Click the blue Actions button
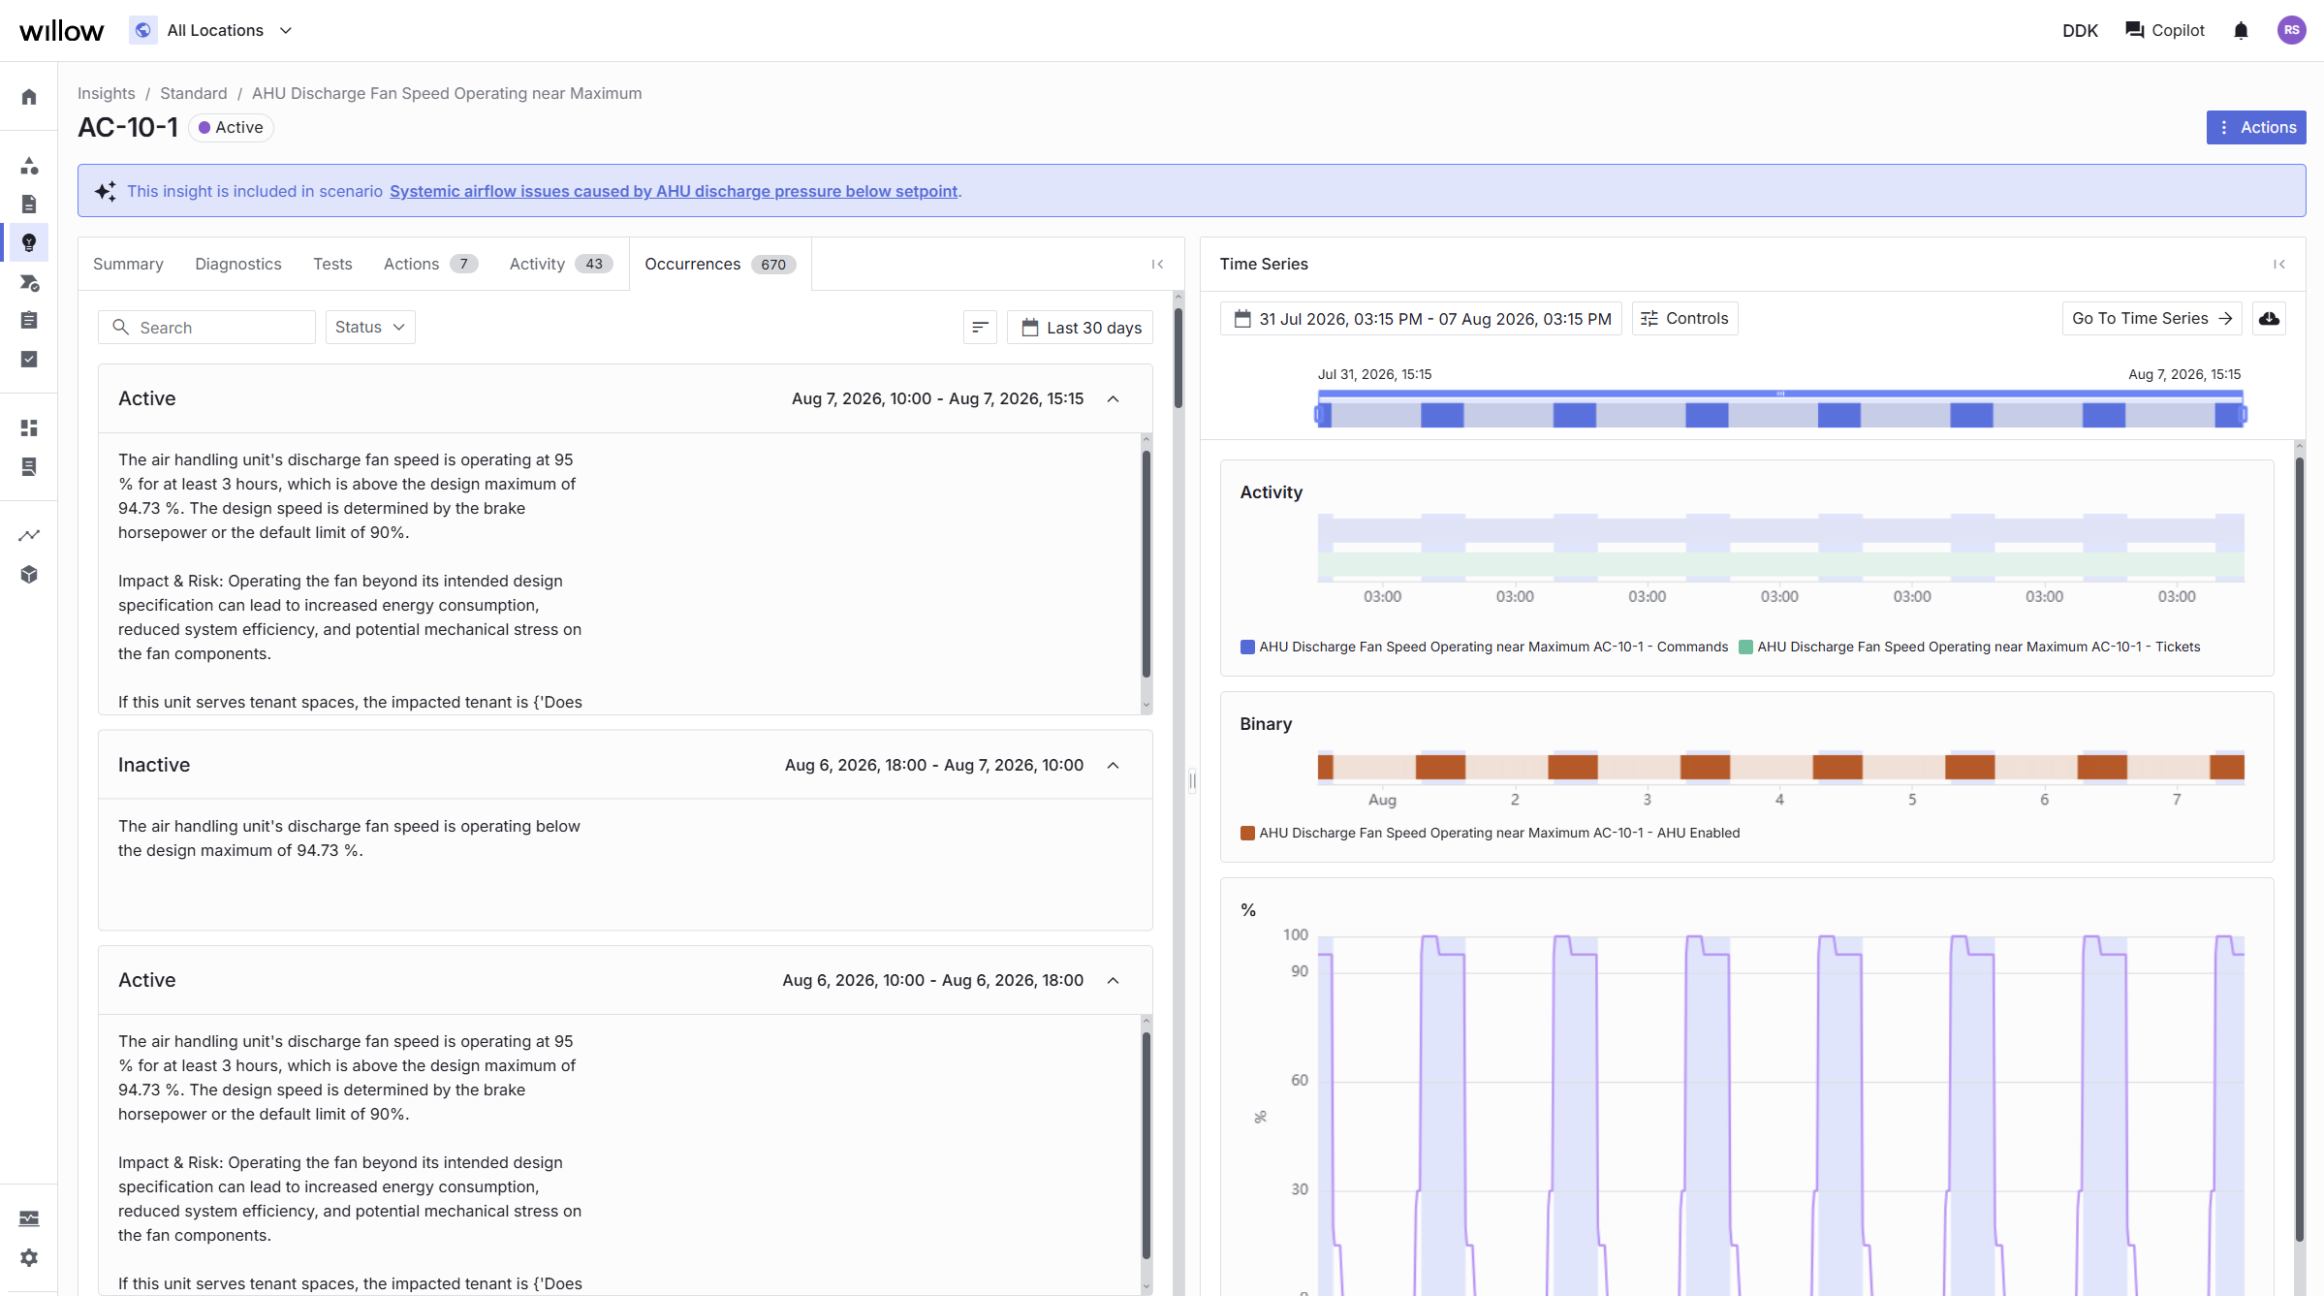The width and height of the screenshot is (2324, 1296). pyautogui.click(x=2255, y=127)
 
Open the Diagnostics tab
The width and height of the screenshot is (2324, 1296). pyautogui.click(x=237, y=264)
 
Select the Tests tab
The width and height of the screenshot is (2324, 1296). pyautogui.click(x=332, y=264)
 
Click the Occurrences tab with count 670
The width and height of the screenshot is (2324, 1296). pyautogui.click(x=720, y=264)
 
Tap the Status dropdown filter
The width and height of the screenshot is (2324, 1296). pyautogui.click(x=370, y=328)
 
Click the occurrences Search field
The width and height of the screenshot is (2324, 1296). pyautogui.click(x=206, y=328)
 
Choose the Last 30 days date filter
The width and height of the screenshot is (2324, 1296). pyautogui.click(x=1081, y=328)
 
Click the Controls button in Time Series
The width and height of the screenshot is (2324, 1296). pyautogui.click(x=1684, y=319)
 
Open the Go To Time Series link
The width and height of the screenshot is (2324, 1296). pyautogui.click(x=2151, y=319)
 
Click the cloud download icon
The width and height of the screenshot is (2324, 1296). pyautogui.click(x=2269, y=319)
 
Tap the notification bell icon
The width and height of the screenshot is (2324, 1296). pyautogui.click(x=2241, y=31)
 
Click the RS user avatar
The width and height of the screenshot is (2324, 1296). pyautogui.click(x=2291, y=30)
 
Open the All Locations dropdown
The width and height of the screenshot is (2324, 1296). pyautogui.click(x=211, y=30)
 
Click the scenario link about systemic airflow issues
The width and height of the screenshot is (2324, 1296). pyautogui.click(x=674, y=191)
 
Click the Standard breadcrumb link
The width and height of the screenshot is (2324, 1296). pyautogui.click(x=193, y=93)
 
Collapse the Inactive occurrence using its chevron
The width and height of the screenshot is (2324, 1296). pyautogui.click(x=1113, y=766)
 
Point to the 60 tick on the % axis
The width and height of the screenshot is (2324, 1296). pyautogui.click(x=1299, y=1080)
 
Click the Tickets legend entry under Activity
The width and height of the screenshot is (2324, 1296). pyautogui.click(x=1969, y=647)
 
